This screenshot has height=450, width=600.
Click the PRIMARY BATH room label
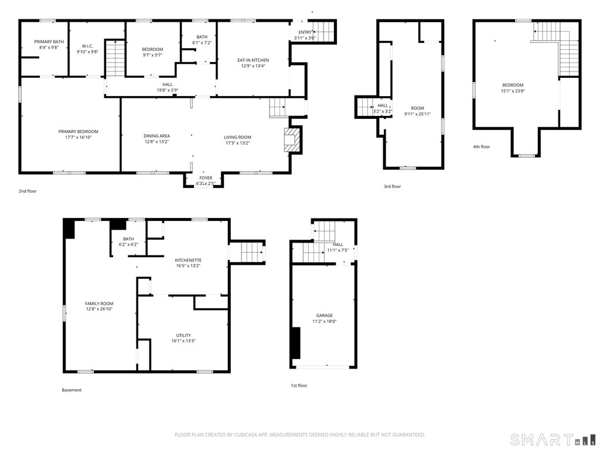click(x=49, y=42)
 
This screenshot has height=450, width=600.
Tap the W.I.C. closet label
click(x=88, y=46)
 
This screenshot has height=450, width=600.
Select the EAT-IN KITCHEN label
click(x=253, y=60)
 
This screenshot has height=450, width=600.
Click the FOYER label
click(x=206, y=178)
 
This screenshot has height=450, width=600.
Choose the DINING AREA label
click(x=157, y=136)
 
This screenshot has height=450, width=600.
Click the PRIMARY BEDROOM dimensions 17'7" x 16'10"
click(x=79, y=137)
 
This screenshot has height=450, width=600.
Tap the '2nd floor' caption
click(x=28, y=191)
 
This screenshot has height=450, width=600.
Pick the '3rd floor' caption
click(x=392, y=186)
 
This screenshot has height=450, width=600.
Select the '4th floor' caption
click(x=482, y=146)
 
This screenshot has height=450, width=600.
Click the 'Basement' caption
click(x=71, y=390)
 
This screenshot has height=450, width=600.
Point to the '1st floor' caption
click(x=299, y=386)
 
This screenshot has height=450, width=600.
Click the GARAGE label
click(x=325, y=315)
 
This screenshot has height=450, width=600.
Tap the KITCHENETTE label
click(x=188, y=260)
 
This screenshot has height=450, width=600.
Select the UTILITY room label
click(x=183, y=335)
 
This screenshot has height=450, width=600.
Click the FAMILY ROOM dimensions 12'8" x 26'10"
click(x=99, y=309)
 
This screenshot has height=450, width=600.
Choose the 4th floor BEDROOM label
click(x=513, y=85)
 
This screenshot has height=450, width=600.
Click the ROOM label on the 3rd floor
click(x=417, y=108)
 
